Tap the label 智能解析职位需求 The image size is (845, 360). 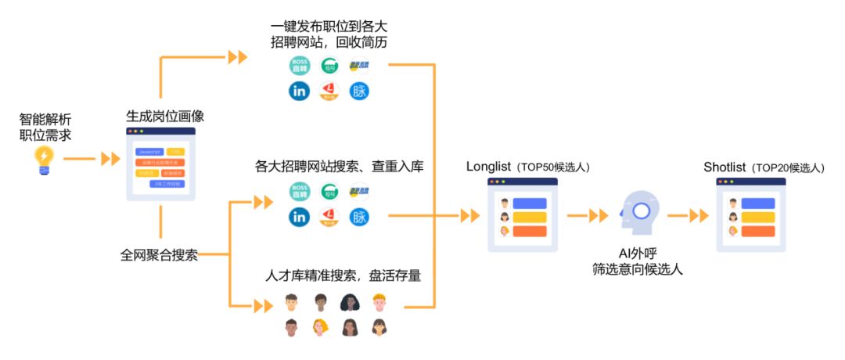click(x=45, y=128)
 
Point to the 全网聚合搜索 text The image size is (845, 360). click(x=159, y=255)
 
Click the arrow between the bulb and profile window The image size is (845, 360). click(x=110, y=160)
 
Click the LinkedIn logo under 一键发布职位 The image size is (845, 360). click(x=299, y=91)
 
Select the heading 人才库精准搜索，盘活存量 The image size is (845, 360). click(x=338, y=275)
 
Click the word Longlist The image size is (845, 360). click(x=488, y=167)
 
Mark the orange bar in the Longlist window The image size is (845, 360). click(x=530, y=231)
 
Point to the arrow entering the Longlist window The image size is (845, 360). click(x=469, y=215)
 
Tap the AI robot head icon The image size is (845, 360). click(x=639, y=212)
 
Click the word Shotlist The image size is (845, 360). click(x=725, y=167)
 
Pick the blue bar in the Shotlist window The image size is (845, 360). click(x=758, y=203)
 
